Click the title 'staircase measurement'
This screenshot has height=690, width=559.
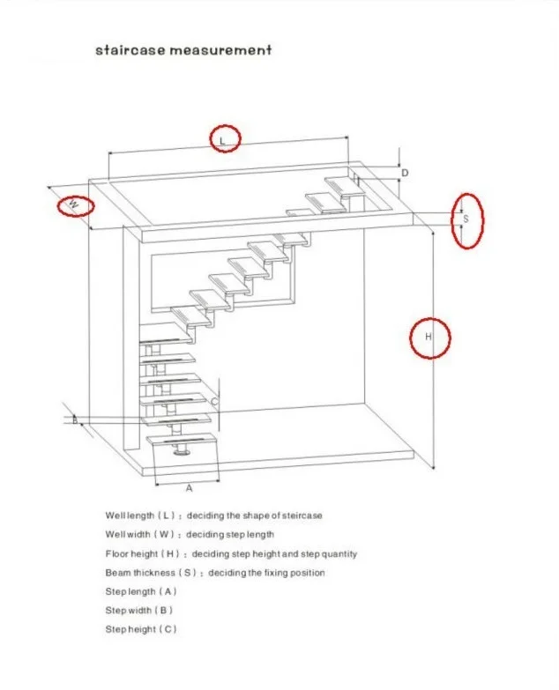pyautogui.click(x=183, y=50)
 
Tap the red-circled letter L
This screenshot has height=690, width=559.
pyautogui.click(x=224, y=139)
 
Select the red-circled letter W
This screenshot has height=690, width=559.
pyautogui.click(x=75, y=206)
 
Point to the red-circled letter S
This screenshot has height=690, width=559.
pyautogui.click(x=466, y=219)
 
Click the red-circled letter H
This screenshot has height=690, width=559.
pyautogui.click(x=429, y=338)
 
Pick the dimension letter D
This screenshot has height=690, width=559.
pyautogui.click(x=405, y=174)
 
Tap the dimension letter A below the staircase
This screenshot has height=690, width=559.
pyautogui.click(x=188, y=487)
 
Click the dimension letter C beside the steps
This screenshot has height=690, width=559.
pyautogui.click(x=214, y=401)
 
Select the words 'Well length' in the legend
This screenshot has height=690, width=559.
pyautogui.click(x=129, y=516)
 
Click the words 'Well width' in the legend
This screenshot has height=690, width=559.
pyautogui.click(x=127, y=534)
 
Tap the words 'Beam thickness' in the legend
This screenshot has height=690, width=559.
pyautogui.click(x=138, y=573)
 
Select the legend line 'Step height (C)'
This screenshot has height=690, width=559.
pyautogui.click(x=141, y=629)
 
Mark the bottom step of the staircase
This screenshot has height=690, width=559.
pyautogui.click(x=183, y=440)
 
